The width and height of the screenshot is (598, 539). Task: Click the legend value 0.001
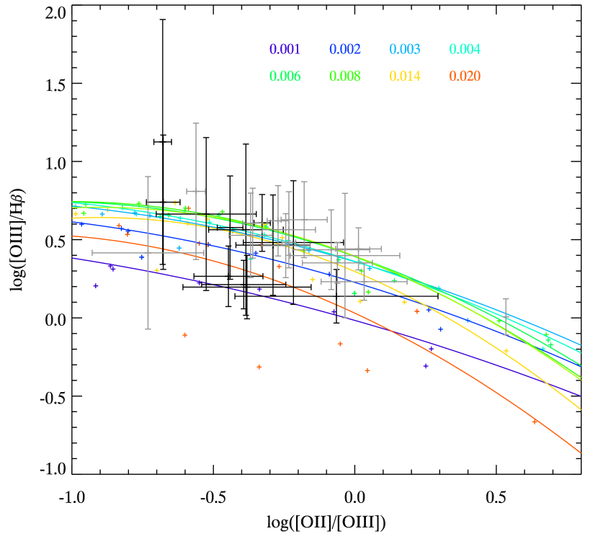[285, 50]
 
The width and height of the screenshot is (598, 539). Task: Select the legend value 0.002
[345, 50]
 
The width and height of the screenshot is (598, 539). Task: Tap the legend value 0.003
[405, 50]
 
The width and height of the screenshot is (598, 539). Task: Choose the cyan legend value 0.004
[465, 50]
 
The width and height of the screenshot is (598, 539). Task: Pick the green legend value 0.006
[285, 76]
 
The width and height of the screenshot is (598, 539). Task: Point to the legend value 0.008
[345, 76]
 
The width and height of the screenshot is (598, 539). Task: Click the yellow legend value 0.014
[405, 76]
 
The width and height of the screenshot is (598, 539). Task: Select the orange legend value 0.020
[465, 76]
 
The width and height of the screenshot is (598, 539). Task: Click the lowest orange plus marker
[535, 422]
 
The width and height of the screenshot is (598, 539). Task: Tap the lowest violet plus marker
[426, 366]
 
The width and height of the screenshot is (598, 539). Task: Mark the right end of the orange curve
[581, 453]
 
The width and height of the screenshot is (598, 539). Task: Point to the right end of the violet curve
[581, 396]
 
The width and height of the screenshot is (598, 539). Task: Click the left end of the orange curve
[72, 236]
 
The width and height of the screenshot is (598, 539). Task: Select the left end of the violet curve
[72, 258]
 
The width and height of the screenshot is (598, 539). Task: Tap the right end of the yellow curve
[581, 409]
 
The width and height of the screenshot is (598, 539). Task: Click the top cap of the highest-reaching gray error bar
[196, 123]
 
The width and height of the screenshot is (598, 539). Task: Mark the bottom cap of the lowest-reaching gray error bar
[148, 329]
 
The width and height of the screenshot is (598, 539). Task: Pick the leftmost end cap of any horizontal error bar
[93, 253]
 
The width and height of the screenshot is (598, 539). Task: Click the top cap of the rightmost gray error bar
[506, 299]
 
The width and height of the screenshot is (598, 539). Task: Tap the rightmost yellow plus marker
[506, 351]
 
